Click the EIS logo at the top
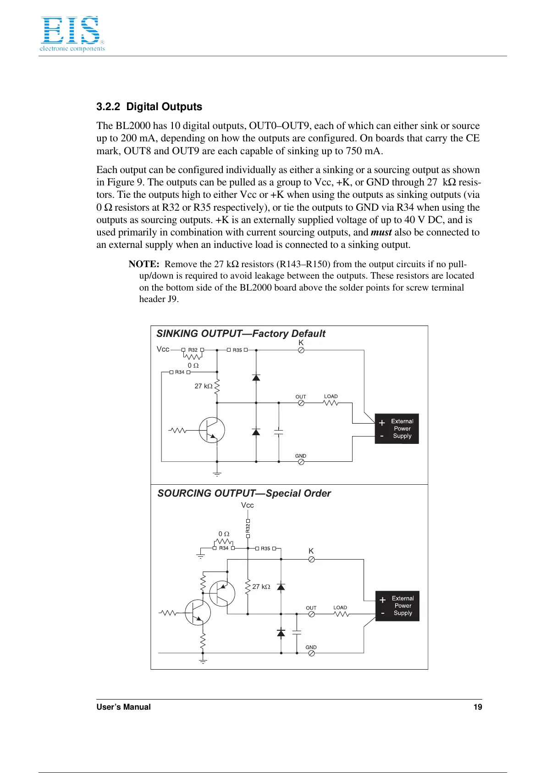[72, 34]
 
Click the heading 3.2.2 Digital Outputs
[149, 107]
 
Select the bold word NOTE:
[143, 264]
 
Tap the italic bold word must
[381, 233]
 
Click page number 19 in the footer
[478, 707]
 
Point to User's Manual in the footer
[123, 707]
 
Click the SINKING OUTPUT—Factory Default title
[241, 334]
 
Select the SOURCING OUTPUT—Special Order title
[244, 493]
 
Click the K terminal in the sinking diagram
[301, 350]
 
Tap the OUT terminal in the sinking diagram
[301, 403]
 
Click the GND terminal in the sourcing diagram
[311, 653]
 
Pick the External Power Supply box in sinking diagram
[397, 429]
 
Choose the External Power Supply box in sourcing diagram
[397, 606]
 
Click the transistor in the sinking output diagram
[212, 430]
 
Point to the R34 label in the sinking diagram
[180, 372]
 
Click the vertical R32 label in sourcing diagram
[248, 528]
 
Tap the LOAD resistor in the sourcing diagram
[342, 614]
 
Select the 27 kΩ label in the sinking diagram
[204, 386]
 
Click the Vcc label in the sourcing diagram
[248, 505]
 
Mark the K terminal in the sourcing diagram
[311, 560]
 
